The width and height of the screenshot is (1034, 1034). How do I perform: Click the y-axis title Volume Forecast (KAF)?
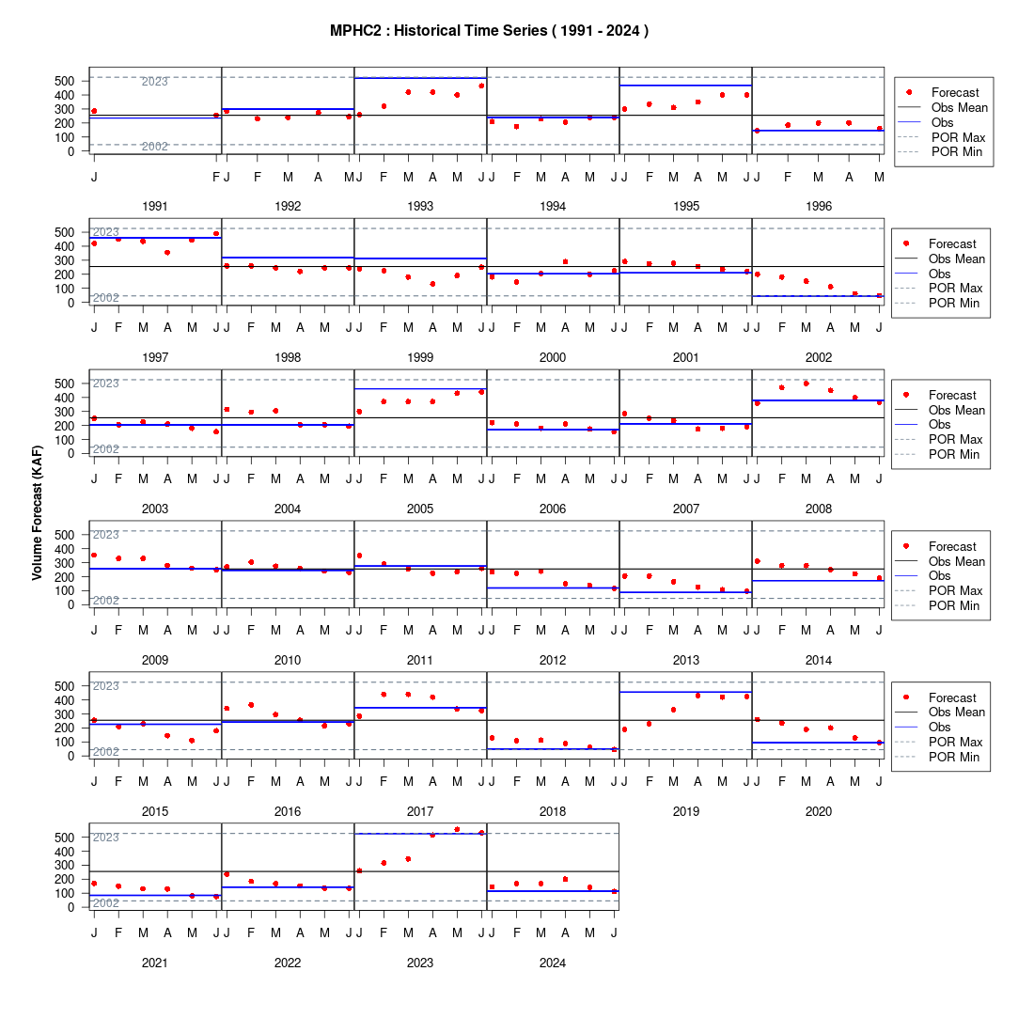click(37, 513)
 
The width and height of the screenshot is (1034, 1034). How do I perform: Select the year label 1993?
click(420, 207)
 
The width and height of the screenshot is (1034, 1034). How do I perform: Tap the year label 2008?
click(819, 509)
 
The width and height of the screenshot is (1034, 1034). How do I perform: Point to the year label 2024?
click(553, 963)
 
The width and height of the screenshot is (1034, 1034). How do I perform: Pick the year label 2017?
click(420, 812)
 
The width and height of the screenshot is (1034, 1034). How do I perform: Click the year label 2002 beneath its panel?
click(819, 357)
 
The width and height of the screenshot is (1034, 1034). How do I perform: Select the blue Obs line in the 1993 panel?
click(421, 78)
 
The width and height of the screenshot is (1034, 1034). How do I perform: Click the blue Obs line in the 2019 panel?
click(686, 692)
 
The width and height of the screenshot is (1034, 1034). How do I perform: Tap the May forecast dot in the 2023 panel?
click(457, 830)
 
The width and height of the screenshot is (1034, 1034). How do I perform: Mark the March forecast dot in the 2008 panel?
click(806, 384)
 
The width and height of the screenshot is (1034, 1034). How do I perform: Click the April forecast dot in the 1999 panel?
click(432, 284)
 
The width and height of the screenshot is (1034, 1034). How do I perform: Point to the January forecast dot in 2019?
click(624, 729)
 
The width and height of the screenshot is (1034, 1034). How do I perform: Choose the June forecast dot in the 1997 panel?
click(216, 233)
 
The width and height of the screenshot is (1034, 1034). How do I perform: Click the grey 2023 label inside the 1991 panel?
click(155, 82)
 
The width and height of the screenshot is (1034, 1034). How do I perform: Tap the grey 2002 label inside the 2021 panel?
click(106, 903)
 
